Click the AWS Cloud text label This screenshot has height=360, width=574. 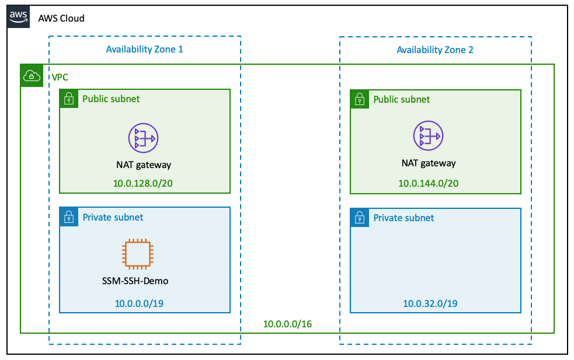[x=61, y=18]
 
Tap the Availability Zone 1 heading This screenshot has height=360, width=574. [x=144, y=49]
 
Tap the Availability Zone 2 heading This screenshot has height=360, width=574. [x=435, y=50]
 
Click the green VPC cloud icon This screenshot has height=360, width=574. [x=32, y=76]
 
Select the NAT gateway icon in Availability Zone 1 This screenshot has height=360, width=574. [x=144, y=138]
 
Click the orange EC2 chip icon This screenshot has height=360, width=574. [x=135, y=252]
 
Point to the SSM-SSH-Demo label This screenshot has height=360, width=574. [x=135, y=281]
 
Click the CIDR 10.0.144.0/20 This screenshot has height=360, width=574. [x=428, y=184]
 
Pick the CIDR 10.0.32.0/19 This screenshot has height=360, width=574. [x=430, y=303]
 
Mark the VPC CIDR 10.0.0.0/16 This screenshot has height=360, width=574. [x=287, y=324]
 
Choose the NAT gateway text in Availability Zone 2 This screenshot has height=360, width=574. [x=428, y=163]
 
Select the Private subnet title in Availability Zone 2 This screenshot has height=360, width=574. [x=403, y=218]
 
